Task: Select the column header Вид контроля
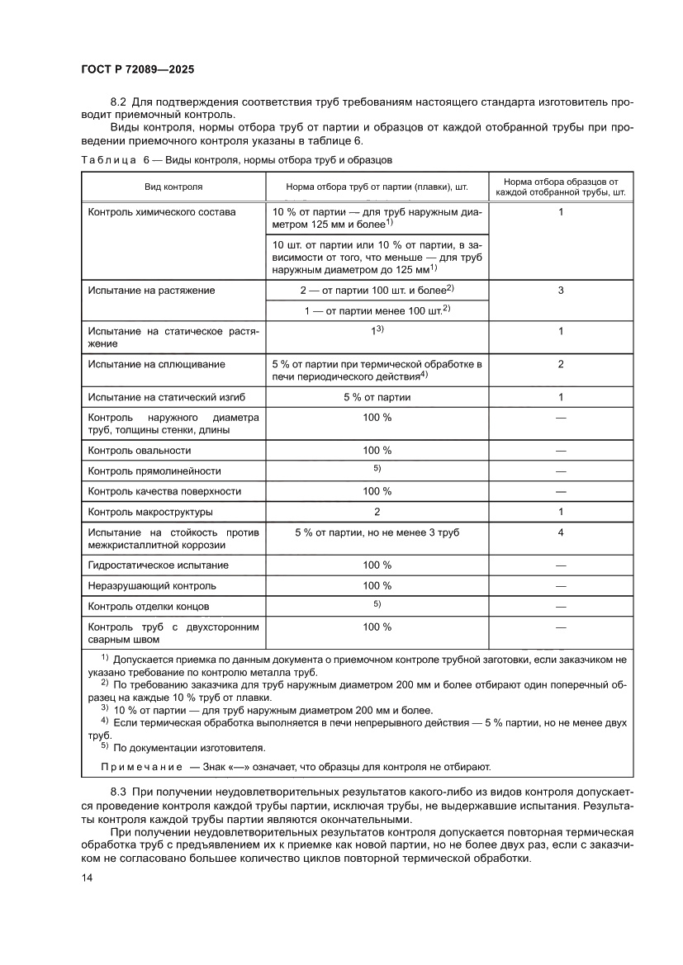point(173,187)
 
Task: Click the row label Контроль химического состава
point(162,212)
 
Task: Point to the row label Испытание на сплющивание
point(157,364)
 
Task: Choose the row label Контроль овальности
point(140,451)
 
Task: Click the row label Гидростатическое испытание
point(158,565)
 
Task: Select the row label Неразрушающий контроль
point(152,586)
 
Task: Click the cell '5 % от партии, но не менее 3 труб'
point(377,532)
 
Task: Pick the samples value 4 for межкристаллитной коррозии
point(560,532)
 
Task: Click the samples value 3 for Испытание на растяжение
point(560,291)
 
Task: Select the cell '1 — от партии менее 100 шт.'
point(377,310)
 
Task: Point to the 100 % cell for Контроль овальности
point(377,451)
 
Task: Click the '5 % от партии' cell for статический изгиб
point(377,397)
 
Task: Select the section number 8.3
point(119,792)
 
